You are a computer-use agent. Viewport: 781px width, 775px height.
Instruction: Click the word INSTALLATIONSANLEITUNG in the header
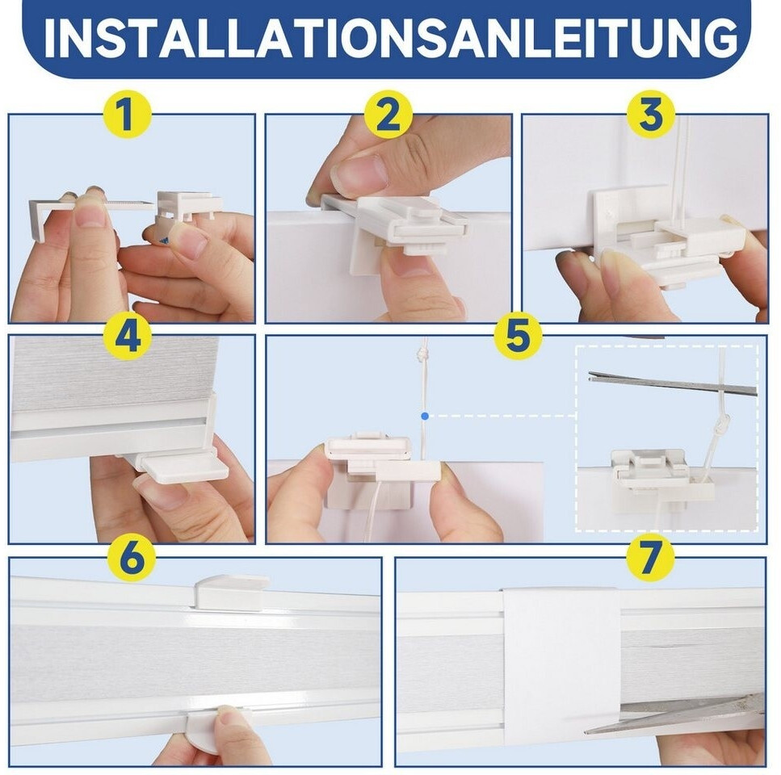point(391,39)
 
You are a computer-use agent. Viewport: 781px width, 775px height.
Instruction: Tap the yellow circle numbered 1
point(127,114)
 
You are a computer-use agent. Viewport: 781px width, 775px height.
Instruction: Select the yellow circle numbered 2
point(388,114)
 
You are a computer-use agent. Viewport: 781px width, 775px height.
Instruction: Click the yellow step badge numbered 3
point(650,114)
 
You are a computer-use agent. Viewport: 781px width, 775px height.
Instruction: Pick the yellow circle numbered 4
point(127,336)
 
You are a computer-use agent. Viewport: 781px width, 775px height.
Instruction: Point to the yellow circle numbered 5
point(518,336)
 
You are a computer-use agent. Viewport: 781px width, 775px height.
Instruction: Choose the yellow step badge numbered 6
point(132,558)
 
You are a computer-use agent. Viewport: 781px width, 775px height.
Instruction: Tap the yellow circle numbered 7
point(650,558)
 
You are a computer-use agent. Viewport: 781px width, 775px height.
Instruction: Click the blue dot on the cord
point(424,416)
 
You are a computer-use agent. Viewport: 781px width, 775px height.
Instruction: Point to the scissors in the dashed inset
point(673,383)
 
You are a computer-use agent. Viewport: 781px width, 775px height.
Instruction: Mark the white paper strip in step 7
point(562,667)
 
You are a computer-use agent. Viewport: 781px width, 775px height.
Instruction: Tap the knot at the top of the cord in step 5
point(424,355)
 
